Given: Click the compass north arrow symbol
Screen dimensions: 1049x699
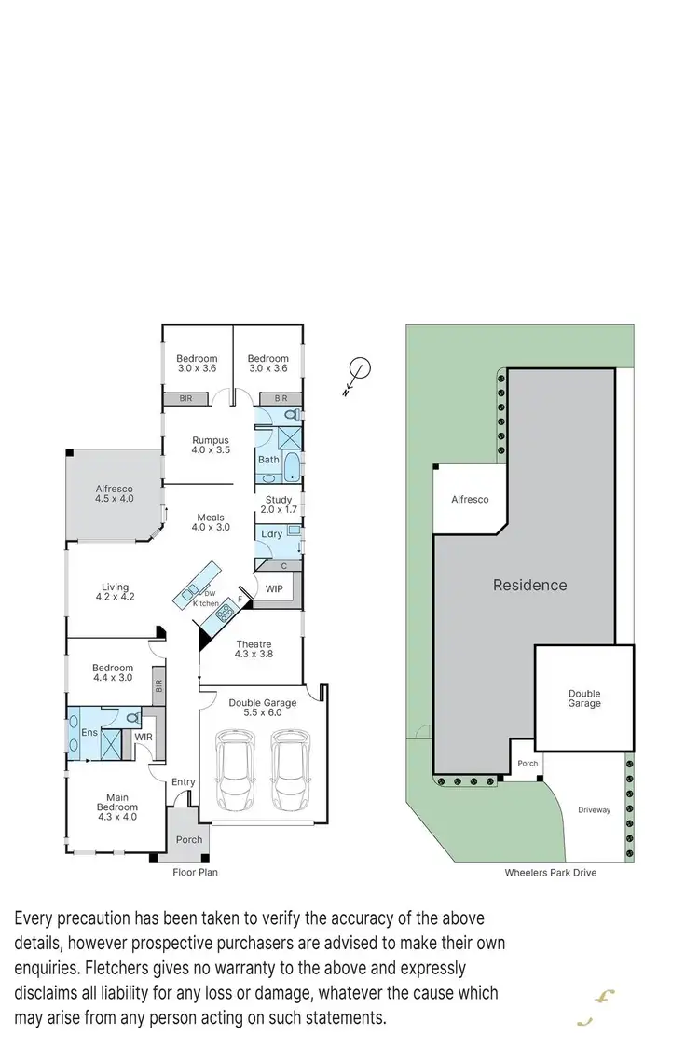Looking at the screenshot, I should click(360, 370).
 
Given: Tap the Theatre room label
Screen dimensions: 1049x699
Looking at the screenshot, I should click(254, 650).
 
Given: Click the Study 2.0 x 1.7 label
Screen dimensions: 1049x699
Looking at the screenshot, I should click(278, 504).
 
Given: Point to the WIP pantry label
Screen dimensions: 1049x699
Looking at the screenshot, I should click(274, 589).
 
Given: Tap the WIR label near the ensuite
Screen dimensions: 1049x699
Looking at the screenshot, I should click(144, 738).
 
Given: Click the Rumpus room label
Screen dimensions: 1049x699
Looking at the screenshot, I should click(211, 445).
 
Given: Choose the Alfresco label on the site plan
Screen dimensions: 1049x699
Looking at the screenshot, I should click(470, 500).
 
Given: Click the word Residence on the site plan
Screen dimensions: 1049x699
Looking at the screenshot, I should click(529, 586).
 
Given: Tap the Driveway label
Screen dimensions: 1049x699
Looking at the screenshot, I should click(594, 810).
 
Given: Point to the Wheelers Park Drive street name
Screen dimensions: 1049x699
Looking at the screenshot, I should click(550, 873).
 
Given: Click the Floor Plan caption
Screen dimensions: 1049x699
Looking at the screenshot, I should click(195, 873).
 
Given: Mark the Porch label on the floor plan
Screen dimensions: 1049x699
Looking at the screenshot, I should click(189, 840).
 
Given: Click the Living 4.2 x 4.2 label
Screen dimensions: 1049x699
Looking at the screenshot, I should click(116, 592).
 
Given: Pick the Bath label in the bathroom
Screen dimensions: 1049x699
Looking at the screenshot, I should click(268, 460).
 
